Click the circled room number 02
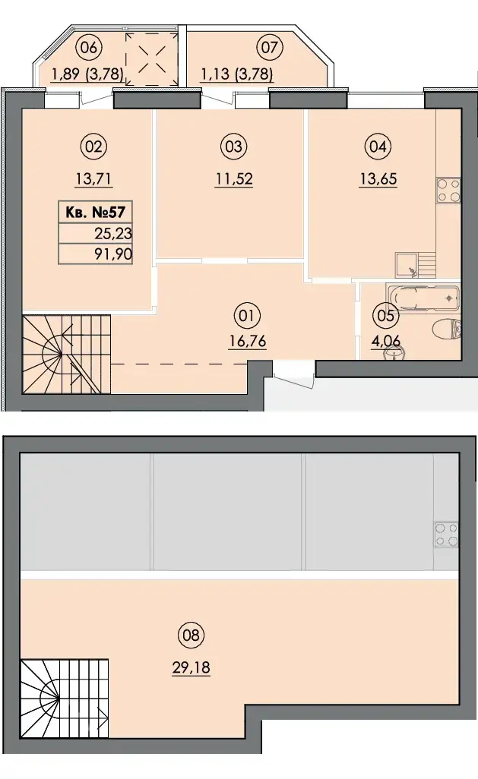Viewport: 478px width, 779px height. click(x=93, y=147)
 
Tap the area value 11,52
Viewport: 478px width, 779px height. click(x=234, y=178)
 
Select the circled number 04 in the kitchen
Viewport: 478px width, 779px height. click(x=378, y=147)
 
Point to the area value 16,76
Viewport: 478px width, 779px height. click(x=247, y=342)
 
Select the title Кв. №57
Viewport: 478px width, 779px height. click(x=95, y=213)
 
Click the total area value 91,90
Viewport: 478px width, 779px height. click(x=113, y=254)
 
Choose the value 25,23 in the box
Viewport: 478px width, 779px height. click(x=113, y=233)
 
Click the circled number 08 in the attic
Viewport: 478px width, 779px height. click(x=191, y=635)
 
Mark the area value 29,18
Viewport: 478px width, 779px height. click(x=191, y=667)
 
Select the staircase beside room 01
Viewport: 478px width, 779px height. click(x=66, y=354)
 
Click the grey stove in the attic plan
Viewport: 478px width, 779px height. click(x=445, y=534)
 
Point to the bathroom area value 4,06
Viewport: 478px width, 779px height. click(x=385, y=342)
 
